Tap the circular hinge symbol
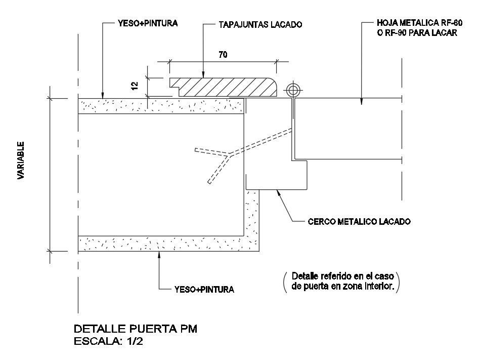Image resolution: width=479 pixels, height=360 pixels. click(292, 91)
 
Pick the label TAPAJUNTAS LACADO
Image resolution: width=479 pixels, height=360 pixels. click(260, 24)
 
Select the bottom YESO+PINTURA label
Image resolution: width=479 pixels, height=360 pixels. click(204, 290)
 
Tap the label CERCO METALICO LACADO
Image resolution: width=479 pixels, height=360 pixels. click(359, 221)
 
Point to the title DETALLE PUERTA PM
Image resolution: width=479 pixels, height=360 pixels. click(136, 328)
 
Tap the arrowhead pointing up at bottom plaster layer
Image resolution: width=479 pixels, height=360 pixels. click(159, 255)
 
